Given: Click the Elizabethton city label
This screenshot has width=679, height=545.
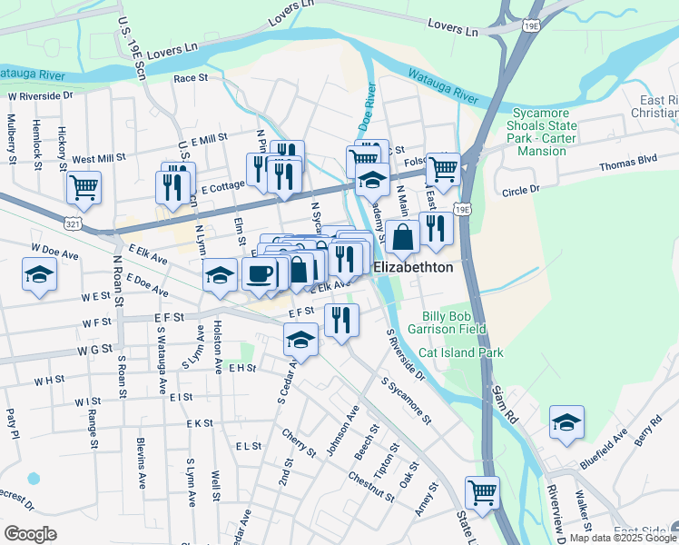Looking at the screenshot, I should click(414, 268).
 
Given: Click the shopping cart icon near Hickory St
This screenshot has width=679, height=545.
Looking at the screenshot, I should click(84, 187).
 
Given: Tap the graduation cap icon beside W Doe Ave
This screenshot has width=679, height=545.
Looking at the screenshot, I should click(40, 274).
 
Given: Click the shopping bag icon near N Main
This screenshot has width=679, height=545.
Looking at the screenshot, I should click(403, 236).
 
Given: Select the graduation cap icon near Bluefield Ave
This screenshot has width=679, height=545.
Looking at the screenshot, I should click(566, 422).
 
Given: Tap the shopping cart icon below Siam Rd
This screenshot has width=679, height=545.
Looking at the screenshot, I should click(482, 492).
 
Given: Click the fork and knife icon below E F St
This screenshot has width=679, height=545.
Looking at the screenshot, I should click(341, 320).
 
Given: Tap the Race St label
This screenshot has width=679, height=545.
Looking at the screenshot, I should click(191, 78).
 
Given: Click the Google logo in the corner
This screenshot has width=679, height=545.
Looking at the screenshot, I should click(30, 533).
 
